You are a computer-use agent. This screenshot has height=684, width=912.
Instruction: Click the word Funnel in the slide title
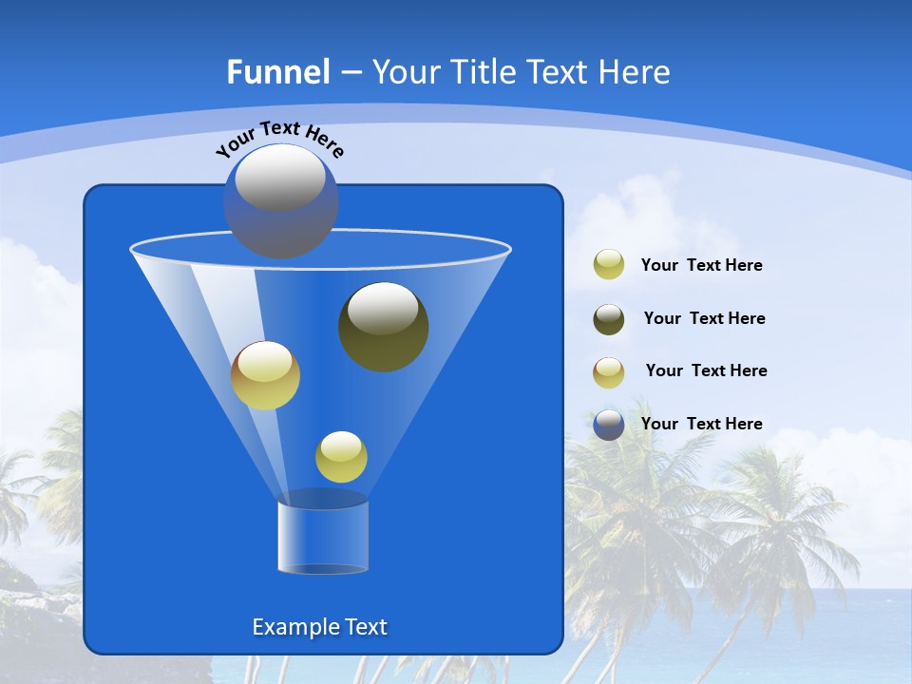click(278, 72)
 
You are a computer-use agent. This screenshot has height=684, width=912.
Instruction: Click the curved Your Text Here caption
click(279, 137)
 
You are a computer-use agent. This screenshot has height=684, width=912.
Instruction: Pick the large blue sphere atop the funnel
click(280, 201)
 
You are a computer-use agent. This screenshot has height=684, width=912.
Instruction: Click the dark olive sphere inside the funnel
click(384, 327)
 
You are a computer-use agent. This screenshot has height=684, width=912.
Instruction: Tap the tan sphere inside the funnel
click(266, 375)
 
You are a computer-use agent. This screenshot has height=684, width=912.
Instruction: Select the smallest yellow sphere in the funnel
click(341, 457)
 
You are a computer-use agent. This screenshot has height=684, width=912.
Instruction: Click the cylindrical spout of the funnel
click(322, 537)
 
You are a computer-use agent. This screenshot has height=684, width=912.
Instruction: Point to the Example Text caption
click(319, 627)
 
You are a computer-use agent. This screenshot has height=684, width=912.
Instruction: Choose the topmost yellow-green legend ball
click(609, 265)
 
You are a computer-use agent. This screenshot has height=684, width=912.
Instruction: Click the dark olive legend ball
click(609, 318)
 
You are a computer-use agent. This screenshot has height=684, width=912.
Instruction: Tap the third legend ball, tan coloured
click(609, 371)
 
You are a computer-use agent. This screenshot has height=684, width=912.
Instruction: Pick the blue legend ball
click(609, 425)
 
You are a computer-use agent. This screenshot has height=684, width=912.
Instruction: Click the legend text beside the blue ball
click(701, 424)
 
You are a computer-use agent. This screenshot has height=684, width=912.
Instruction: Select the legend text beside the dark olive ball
click(704, 318)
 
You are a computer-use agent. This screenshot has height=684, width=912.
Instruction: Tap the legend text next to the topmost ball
click(701, 265)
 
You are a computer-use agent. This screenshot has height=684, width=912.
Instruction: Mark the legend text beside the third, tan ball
click(706, 370)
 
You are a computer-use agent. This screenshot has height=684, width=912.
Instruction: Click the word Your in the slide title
click(407, 72)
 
